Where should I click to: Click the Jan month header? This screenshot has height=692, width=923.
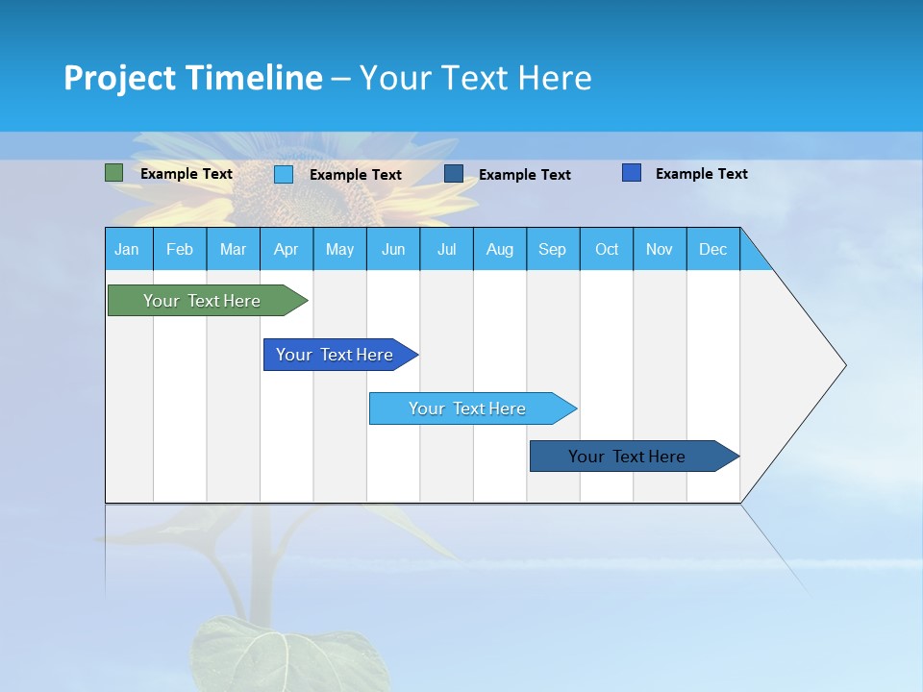coord(127,249)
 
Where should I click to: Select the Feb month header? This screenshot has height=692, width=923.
coord(180,249)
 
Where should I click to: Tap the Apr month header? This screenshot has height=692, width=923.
coord(286,249)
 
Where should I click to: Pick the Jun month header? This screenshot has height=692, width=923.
coord(392,249)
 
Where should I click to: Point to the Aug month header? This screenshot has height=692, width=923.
coord(499,249)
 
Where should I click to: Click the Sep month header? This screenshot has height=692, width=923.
coord(552,249)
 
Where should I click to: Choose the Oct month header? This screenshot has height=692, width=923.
coord(607,249)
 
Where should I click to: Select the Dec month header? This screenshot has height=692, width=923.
coord(712,249)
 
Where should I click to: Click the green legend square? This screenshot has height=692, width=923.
coord(113,173)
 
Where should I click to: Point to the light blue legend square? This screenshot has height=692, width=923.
coord(284,174)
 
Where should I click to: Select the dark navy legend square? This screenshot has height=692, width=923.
coord(454,174)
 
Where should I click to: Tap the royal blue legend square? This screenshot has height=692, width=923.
coord(632,173)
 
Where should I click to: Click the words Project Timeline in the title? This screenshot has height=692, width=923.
coord(193,78)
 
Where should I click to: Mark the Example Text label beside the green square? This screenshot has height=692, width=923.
coord(187,174)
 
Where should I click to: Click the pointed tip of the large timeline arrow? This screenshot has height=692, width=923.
coord(841,365)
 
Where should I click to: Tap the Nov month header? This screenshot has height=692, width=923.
coord(660,249)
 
